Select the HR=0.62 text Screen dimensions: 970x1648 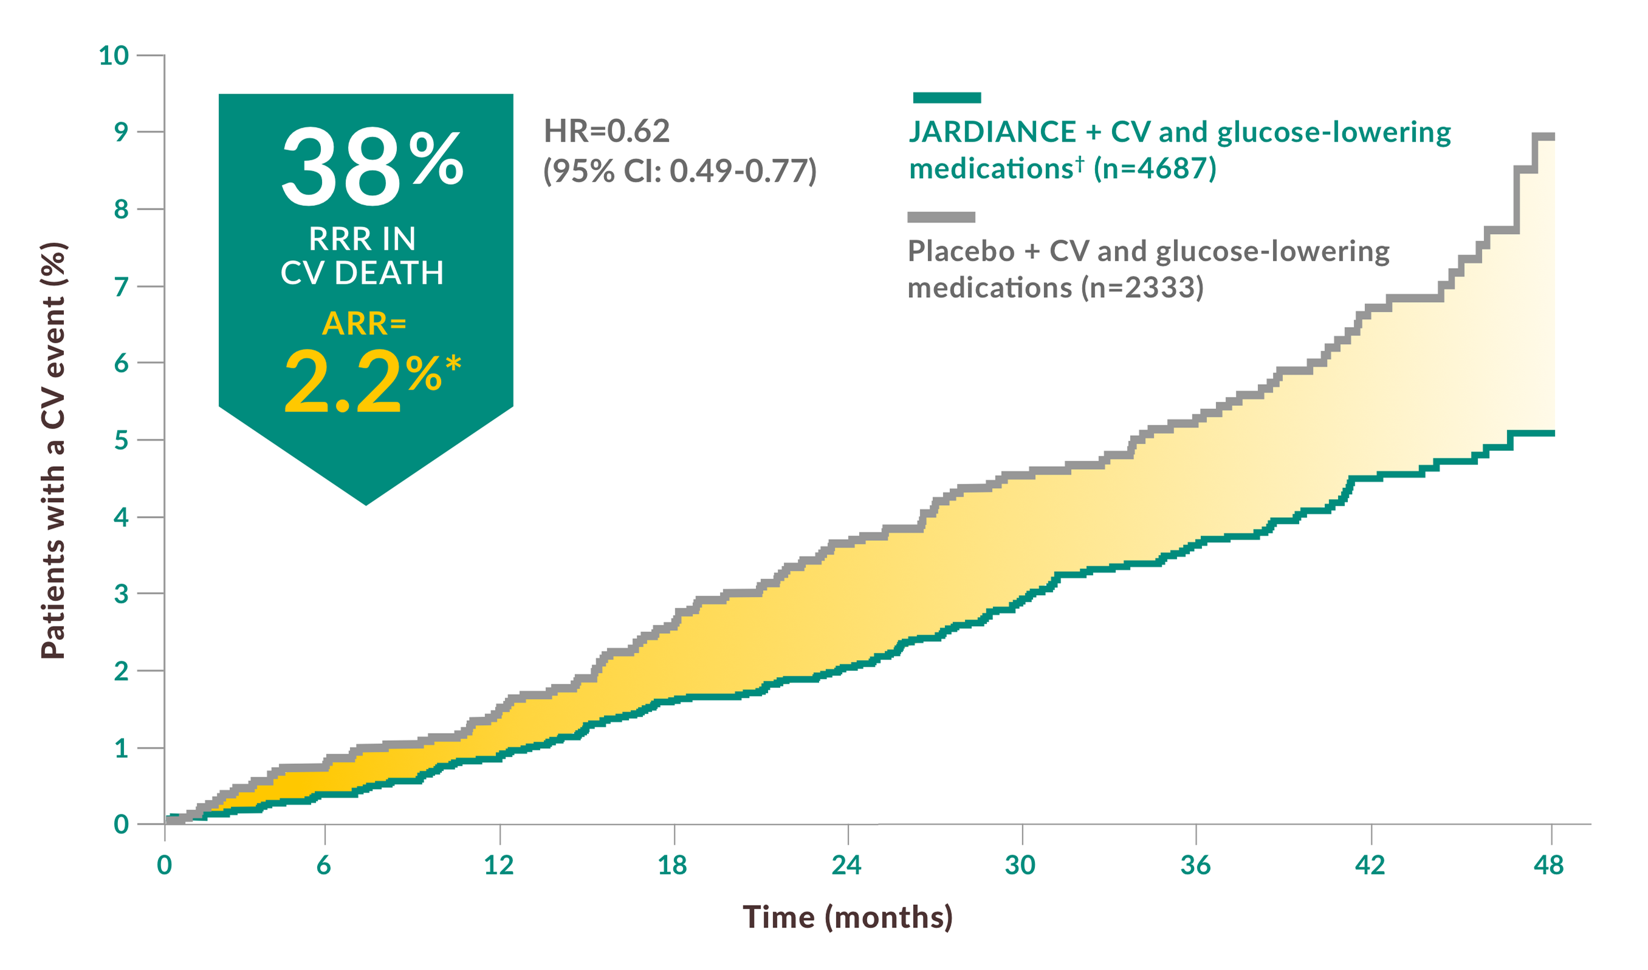606,131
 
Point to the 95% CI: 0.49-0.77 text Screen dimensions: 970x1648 679,171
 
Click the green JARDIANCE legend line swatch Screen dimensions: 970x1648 946,98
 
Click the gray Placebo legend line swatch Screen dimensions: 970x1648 941,217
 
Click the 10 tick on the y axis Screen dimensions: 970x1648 114,55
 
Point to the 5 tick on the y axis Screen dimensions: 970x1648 121,440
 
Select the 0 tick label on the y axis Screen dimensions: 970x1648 121,825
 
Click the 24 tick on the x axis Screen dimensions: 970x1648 847,865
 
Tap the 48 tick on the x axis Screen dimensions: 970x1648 1548,865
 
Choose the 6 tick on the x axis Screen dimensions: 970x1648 324,865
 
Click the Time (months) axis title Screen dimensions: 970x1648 848,917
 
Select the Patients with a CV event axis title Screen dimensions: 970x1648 53,452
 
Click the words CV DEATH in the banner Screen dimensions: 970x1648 362,273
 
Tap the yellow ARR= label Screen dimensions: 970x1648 364,324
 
